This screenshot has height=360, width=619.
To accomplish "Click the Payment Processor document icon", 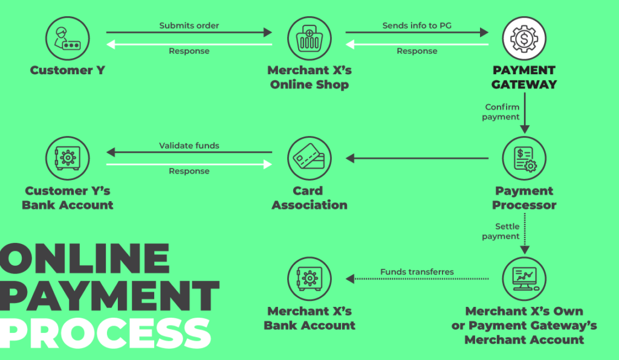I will [524, 159].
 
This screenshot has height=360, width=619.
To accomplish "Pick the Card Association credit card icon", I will [309, 159].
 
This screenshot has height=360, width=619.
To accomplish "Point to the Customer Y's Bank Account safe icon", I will [67, 159].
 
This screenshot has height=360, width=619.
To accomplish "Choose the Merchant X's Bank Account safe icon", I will [309, 278].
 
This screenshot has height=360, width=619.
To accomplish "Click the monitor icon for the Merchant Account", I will [524, 278].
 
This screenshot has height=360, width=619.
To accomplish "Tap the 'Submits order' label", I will [189, 25].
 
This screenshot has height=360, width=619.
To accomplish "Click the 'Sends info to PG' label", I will [417, 25].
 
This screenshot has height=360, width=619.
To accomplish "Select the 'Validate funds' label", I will [189, 146].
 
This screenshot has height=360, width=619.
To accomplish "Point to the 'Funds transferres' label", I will [417, 272].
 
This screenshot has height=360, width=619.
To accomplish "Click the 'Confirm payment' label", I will [501, 112].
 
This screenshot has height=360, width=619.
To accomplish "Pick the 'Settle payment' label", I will [501, 231].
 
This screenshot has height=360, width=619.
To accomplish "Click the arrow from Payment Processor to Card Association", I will [417, 159].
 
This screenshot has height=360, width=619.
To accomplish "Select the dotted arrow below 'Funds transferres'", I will [417, 279].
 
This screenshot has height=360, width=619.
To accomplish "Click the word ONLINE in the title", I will [85, 259].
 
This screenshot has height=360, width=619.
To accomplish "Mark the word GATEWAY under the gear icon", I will [524, 85].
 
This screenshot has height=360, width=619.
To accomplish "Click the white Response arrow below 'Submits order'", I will [189, 44].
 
